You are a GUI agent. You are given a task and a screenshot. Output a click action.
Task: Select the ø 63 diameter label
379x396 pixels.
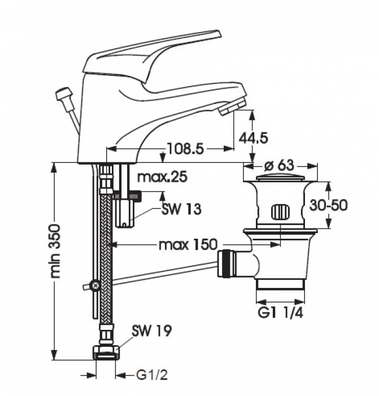pos(279,166)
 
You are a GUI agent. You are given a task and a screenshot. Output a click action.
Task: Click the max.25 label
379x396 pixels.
pos(162,178)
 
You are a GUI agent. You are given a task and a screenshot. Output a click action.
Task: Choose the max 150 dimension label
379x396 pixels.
pos(188,245)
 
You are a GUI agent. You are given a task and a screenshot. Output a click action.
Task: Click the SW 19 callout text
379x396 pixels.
pos(151,329)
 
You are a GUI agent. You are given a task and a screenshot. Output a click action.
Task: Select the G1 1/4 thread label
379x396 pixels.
pos(281,312)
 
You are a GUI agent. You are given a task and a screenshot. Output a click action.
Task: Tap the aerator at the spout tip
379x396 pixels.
pos(234,105)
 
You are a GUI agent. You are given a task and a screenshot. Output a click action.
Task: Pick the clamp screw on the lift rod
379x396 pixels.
pos(97,286)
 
